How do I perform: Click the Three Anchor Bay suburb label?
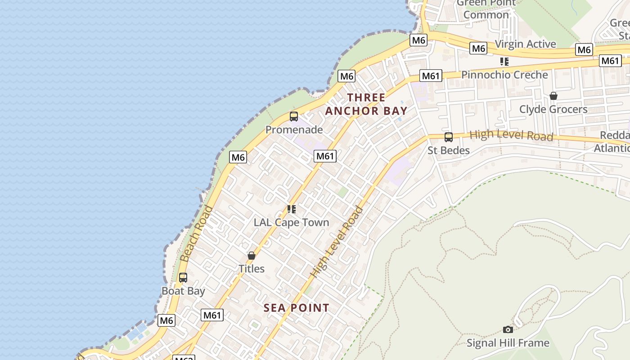point(366,104)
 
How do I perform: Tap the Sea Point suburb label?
point(296,308)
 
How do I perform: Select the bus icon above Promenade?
point(294,117)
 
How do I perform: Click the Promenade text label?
point(294,130)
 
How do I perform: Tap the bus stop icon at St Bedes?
point(448,137)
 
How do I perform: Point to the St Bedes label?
point(448,150)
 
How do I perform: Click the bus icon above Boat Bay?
point(183,278)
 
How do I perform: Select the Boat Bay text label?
point(183,291)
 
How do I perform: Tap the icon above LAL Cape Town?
point(291,209)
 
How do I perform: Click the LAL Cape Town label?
point(291,222)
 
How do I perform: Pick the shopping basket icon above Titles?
point(252,256)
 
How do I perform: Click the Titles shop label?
point(252,269)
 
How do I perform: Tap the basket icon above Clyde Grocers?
point(553,96)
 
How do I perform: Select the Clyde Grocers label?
point(553,109)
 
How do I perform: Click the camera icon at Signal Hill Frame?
point(508,330)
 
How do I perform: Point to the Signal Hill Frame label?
point(508,343)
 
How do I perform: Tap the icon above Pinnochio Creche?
point(504,62)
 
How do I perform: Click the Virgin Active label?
point(525,44)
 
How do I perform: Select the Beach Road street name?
point(196,234)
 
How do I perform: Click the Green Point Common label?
point(486,9)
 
